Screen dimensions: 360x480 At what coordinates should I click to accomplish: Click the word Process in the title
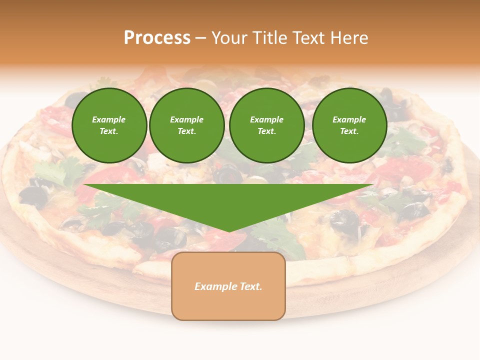tap(157, 38)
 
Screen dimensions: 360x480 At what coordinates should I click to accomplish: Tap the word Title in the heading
tap(269, 38)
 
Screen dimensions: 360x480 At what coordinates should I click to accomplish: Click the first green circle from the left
tap(109, 125)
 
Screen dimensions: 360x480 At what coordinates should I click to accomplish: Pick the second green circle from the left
tap(187, 125)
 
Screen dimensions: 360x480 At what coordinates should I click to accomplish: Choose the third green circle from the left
tap(266, 125)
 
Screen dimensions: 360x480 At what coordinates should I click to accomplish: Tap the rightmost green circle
tap(349, 125)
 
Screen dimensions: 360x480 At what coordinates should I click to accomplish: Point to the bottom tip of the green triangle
tap(229, 231)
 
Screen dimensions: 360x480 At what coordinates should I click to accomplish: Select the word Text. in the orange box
tap(250, 286)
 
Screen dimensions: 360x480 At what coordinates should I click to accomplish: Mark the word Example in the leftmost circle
tap(109, 119)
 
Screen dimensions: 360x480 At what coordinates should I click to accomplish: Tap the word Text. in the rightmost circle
tap(349, 131)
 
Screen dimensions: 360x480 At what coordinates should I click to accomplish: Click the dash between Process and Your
tap(201, 38)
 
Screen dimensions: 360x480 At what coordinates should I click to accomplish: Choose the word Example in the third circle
tap(266, 119)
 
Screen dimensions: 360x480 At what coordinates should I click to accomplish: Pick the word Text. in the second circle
tap(187, 131)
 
